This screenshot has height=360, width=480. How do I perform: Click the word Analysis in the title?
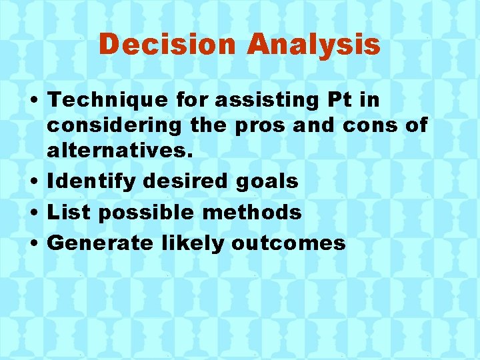point(313,45)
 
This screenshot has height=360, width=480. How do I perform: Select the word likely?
point(193,243)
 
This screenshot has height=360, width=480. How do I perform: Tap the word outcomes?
point(289,243)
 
